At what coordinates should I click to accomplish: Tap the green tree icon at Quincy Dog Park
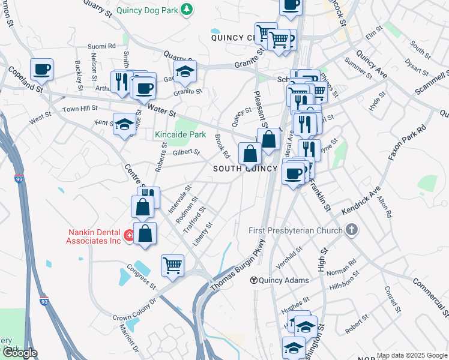tap(188, 8)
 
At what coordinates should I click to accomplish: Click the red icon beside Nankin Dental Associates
tap(129, 235)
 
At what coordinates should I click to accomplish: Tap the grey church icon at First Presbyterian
tap(352, 230)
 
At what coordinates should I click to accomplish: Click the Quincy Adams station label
tap(284, 280)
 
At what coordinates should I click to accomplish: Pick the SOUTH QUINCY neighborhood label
tap(246, 169)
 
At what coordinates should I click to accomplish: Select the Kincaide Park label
tap(181, 135)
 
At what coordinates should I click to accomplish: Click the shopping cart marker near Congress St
tap(172, 265)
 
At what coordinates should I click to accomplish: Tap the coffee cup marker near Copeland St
tap(42, 69)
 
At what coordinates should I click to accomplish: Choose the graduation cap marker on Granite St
tap(185, 72)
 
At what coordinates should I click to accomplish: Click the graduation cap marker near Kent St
tap(125, 124)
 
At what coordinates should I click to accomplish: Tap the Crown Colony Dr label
tap(135, 308)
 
